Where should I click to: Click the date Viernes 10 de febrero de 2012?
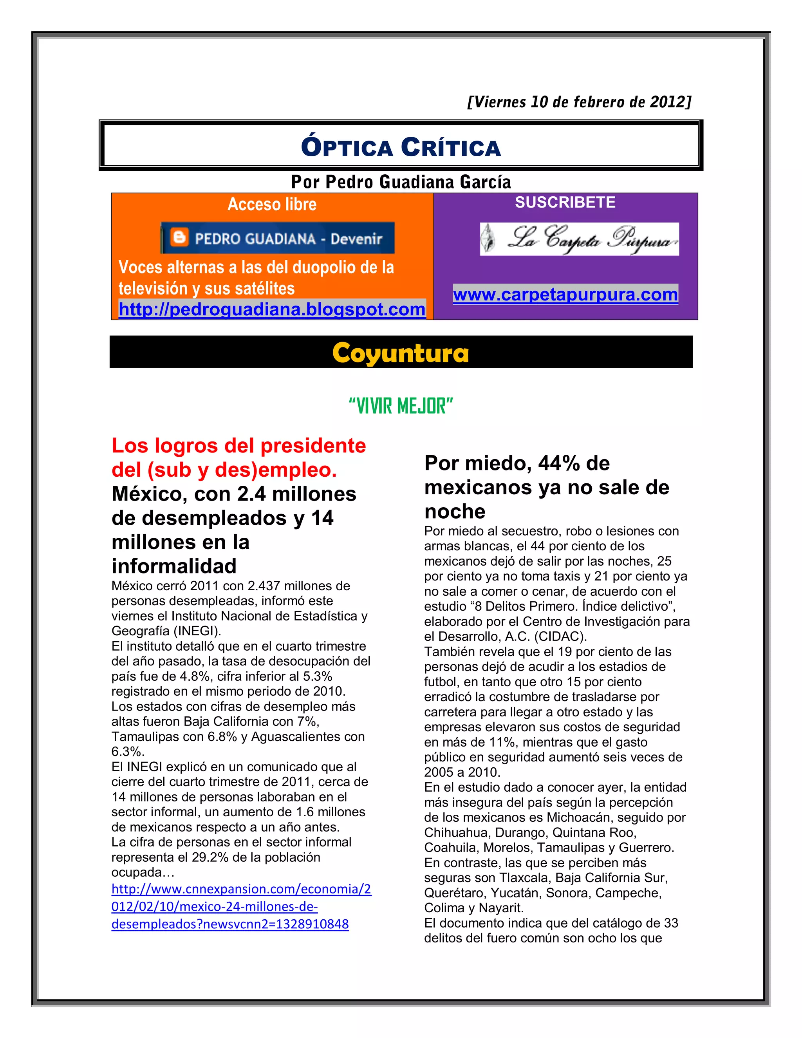pos(579,102)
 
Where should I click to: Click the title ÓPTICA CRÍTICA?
pos(401,147)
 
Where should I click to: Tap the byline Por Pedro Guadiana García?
pos(401,182)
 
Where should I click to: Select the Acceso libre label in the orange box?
pos(272,204)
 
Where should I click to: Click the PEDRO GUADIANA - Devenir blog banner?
pos(278,238)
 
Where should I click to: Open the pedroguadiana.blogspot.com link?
pos(272,309)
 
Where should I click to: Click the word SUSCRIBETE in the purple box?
pos(565,203)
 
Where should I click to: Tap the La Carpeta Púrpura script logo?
pos(579,239)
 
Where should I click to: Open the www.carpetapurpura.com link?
pos(565,295)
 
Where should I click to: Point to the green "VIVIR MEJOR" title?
pos(401,406)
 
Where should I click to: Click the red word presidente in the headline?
pos(313,446)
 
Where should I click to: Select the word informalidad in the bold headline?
pos(174,566)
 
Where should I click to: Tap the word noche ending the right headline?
pos(455,512)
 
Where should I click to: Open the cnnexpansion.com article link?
pos(241,906)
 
